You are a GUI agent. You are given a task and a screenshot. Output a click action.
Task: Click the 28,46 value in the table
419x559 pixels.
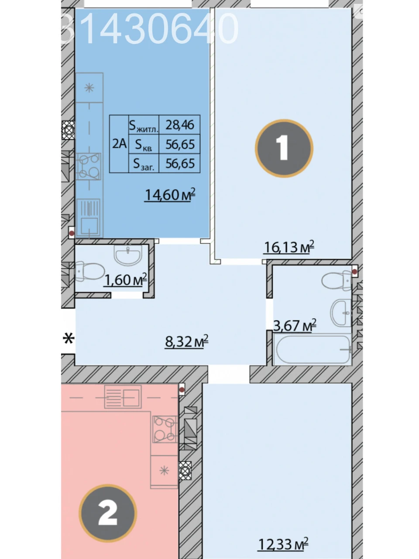coord(180,125)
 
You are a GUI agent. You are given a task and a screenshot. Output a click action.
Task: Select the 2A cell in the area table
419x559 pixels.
coord(119,144)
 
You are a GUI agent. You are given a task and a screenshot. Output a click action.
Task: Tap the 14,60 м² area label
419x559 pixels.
coord(170,195)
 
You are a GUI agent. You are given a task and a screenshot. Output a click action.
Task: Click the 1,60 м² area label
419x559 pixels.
coord(125,279)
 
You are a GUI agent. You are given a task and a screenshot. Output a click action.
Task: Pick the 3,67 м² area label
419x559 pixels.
coord(295,325)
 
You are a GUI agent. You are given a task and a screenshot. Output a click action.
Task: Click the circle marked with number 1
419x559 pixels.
coord(284,148)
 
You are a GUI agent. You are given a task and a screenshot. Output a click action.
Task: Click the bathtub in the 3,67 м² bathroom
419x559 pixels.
coord(313,349)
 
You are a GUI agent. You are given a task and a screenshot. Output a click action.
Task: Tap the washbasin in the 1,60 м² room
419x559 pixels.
coord(128,255)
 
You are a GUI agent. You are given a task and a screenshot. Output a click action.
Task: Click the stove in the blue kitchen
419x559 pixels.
coord(89,166)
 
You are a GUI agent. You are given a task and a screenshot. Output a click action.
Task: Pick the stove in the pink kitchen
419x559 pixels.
coord(165,429)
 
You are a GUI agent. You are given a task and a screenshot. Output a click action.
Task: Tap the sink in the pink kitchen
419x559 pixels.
coord(123,397)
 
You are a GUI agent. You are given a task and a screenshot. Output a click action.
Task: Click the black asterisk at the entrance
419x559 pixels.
coord(69,338)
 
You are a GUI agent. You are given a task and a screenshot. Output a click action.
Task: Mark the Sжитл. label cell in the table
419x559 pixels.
coord(144,125)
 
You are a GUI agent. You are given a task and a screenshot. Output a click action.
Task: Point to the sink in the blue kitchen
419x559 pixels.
coord(89,217)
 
